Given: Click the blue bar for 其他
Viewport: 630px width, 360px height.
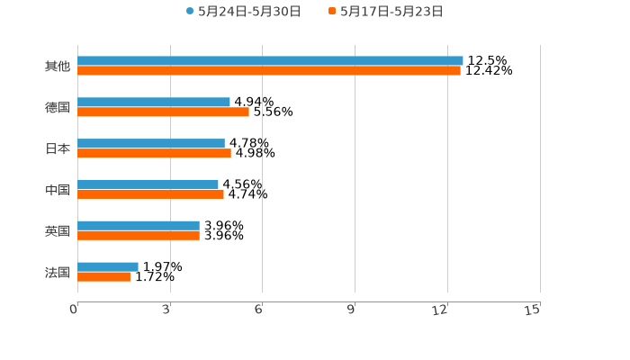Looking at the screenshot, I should point(270,61).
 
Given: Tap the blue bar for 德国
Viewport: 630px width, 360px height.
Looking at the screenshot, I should point(154,103).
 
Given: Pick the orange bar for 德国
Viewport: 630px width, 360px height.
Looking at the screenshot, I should point(163,112).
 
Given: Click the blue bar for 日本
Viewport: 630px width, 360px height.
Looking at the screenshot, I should point(151,144).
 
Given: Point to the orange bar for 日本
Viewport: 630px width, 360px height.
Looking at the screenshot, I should point(154,154).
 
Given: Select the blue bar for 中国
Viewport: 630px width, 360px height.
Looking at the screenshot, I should point(148,184).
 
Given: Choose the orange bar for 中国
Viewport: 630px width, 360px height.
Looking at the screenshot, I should point(150,194).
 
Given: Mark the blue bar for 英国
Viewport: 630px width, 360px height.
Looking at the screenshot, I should point(139,226).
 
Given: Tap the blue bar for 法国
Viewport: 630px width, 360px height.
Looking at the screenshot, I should point(108,267).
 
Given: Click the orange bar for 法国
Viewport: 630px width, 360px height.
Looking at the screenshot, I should point(103,277).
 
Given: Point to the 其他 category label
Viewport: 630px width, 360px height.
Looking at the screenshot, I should point(58,67).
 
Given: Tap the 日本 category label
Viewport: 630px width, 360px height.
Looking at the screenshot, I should point(58,149).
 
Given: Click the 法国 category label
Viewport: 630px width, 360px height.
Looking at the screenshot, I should point(58,272).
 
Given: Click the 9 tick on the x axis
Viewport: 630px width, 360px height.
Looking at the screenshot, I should point(352,310).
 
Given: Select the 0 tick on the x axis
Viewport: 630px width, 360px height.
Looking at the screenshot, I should point(75,310).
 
